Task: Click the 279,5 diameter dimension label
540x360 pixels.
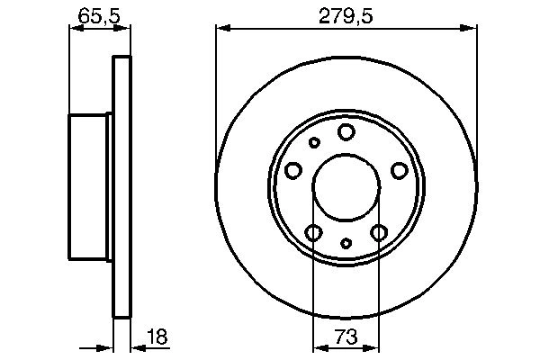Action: pos(345,14)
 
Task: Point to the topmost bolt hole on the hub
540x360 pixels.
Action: pos(346,132)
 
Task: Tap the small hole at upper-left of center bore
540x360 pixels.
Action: pos(314,142)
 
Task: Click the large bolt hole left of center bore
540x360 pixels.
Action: pos(292,171)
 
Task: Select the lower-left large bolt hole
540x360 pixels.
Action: pos(313,233)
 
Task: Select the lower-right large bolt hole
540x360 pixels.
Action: pos(379,233)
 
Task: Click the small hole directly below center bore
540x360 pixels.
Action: pos(346,243)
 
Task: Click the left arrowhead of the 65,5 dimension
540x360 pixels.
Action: pos(75,30)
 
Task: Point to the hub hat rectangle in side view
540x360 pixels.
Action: pos(90,186)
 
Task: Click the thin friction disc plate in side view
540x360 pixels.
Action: pos(121,186)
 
